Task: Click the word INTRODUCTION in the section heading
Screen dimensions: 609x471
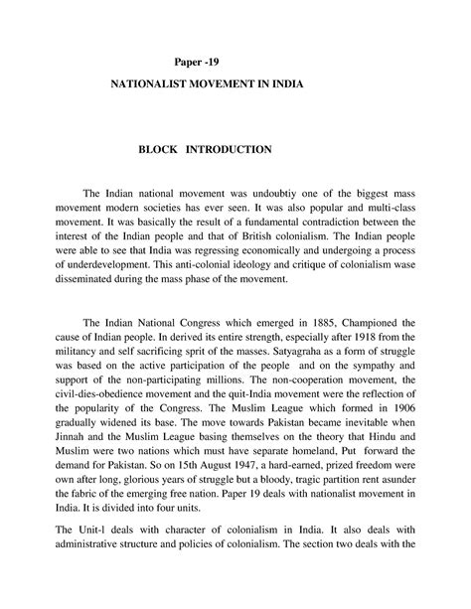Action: click(x=228, y=149)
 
